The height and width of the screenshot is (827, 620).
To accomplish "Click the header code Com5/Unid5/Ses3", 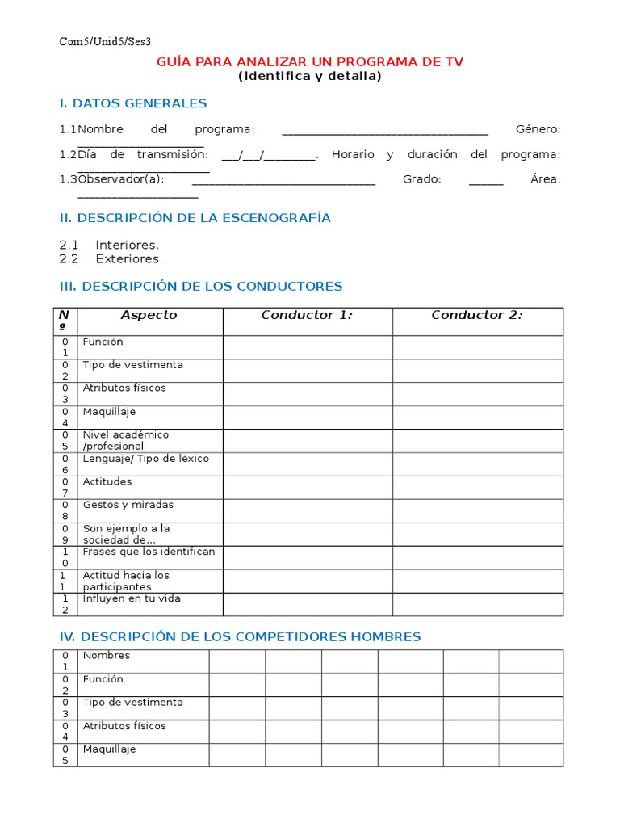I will coord(105,41).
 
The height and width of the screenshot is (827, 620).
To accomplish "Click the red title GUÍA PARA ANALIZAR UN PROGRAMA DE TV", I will coord(310,62).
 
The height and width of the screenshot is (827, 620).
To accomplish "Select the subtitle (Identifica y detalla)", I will coord(310,77).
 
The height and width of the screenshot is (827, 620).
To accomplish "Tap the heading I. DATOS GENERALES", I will coord(133,103).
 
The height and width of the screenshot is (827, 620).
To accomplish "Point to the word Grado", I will coord(421,179).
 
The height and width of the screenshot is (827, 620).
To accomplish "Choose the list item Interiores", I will coord(127,245).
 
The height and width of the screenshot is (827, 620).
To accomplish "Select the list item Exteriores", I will coord(128,259).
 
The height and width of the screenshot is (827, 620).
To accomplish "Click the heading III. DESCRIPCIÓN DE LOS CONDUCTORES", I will coord(201,287).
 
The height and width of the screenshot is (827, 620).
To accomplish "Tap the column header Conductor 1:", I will coord(307,316).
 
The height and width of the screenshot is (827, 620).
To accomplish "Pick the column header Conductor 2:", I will coord(477,316).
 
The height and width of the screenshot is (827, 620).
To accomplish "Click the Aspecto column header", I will coord(149,316).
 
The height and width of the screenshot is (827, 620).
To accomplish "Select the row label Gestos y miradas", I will coord(128,506).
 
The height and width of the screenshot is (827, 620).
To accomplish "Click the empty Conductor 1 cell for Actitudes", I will coord(308,487).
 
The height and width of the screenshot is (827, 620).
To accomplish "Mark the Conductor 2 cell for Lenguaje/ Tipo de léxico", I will coord(478,464).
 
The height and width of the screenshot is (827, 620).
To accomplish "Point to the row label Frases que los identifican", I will coord(149,552).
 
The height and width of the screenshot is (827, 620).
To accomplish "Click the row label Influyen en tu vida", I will coord(131,599).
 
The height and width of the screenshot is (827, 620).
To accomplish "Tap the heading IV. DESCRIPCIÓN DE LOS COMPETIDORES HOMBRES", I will coord(240,637).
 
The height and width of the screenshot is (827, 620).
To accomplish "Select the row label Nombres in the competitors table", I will coord(106,656).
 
